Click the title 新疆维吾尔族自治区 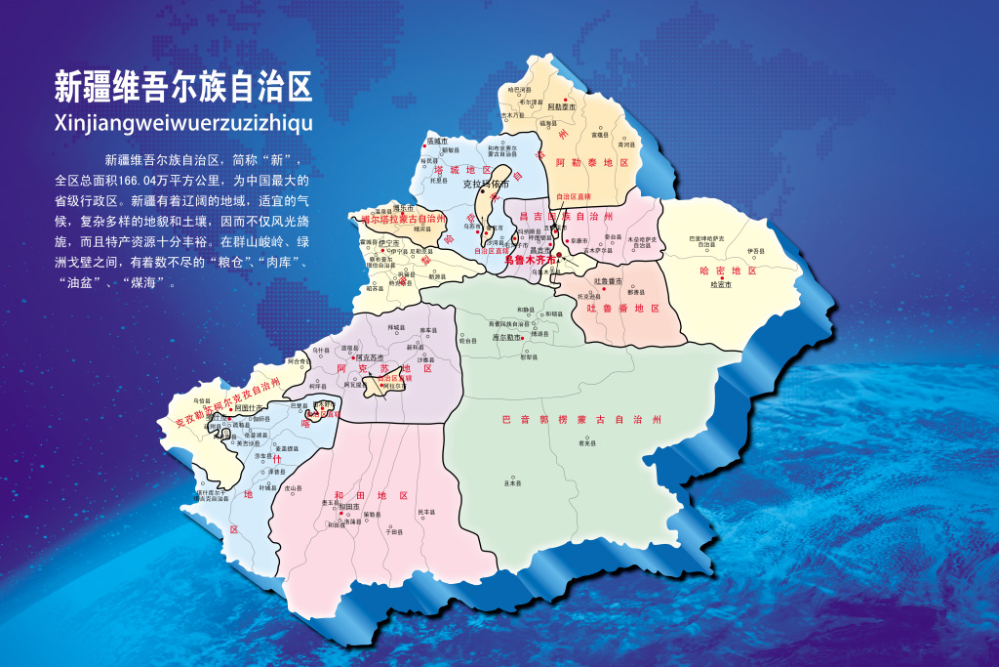tap(182, 88)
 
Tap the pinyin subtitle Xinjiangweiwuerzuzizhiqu tap(182, 123)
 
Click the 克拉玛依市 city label tap(486, 184)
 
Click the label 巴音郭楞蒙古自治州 tap(581, 419)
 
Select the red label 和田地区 tap(376, 496)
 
